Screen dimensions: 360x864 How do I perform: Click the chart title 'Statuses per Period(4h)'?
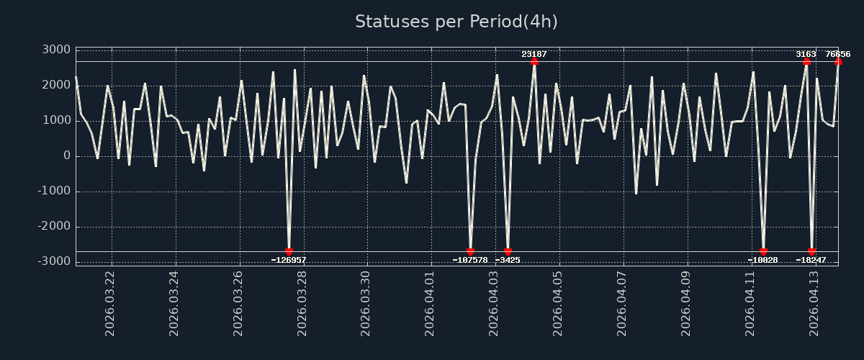[x=456, y=22]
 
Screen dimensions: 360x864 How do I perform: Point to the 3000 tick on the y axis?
[x=55, y=50]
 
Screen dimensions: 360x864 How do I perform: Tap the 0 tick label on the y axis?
[x=66, y=156]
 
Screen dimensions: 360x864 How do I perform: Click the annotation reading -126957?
[x=289, y=260]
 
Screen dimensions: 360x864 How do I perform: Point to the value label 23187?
[x=534, y=54]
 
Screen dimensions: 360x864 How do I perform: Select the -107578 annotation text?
[x=470, y=260]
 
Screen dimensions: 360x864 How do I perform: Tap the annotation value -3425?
[x=508, y=260]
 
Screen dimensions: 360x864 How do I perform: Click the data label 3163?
[x=806, y=54]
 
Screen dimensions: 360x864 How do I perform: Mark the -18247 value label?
[x=811, y=260]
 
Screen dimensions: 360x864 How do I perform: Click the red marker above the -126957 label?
[x=289, y=251]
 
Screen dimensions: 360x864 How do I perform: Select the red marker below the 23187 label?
[x=534, y=61]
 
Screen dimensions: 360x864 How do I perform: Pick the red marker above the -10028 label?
[x=763, y=251]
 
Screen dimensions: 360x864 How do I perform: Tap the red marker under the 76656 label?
[x=838, y=61]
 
